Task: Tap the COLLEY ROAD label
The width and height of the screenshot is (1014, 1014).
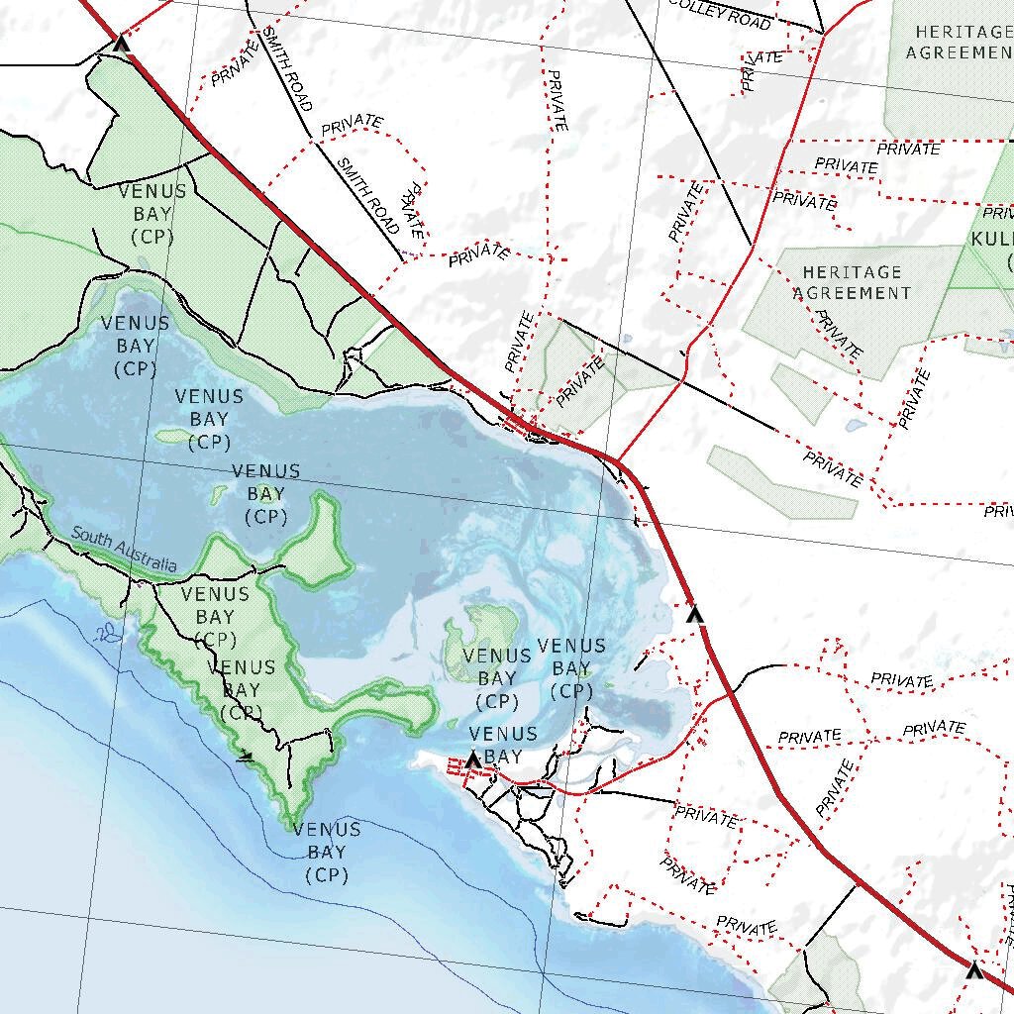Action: coord(720,14)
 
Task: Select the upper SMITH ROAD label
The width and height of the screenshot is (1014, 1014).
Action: coord(286,67)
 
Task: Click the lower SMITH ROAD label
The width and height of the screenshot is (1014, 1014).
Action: coord(367,196)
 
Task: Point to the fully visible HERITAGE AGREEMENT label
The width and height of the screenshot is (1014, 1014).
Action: coord(852,282)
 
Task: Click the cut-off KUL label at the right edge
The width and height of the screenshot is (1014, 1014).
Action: coord(991,240)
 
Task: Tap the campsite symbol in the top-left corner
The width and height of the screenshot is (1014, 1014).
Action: coord(122,43)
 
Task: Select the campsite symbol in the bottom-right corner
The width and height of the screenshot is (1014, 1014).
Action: coord(974,969)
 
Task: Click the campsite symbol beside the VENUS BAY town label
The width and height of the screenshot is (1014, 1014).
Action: coord(473,760)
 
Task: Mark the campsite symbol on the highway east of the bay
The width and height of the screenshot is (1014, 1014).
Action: coord(695,614)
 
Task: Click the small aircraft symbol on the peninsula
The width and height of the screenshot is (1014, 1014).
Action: coord(246,758)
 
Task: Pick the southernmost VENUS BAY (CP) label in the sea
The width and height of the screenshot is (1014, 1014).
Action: coord(327,852)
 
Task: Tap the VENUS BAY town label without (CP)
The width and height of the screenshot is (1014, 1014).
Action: coord(503,745)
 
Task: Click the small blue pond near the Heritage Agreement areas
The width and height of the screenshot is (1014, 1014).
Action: coord(853,426)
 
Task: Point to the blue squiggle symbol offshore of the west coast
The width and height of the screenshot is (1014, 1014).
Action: coord(105,633)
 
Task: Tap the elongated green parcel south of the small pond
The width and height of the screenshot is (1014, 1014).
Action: coord(783,482)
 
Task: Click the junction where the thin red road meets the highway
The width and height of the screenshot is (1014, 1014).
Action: coord(619,461)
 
